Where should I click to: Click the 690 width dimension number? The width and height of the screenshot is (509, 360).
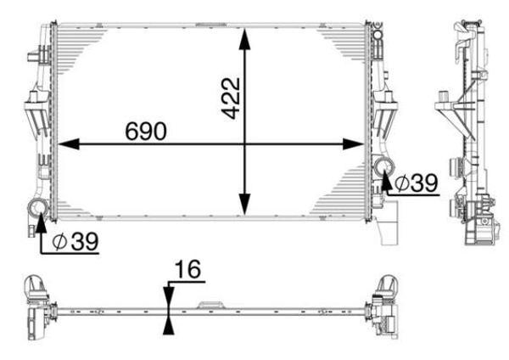point(147,131)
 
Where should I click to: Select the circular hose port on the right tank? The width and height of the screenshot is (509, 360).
point(382,166)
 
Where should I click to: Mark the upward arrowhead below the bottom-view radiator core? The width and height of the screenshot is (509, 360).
point(169,325)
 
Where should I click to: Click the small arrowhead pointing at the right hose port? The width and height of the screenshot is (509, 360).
point(387,178)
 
